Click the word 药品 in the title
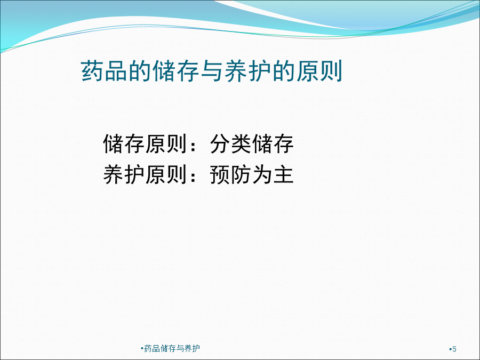(105, 71)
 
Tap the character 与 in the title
(212, 71)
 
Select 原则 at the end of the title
(319, 71)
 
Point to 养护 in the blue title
(247, 71)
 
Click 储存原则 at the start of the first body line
(145, 144)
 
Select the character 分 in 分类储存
(220, 144)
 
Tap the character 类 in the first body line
(242, 144)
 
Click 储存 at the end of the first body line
(273, 144)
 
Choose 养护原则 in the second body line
(145, 174)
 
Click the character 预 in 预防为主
(220, 174)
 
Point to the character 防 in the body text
(242, 174)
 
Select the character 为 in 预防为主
(262, 174)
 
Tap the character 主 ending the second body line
(284, 174)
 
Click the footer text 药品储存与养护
(172, 348)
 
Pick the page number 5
(454, 349)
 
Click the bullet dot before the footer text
(142, 348)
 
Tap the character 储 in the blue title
(164, 71)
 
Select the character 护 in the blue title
(260, 71)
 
